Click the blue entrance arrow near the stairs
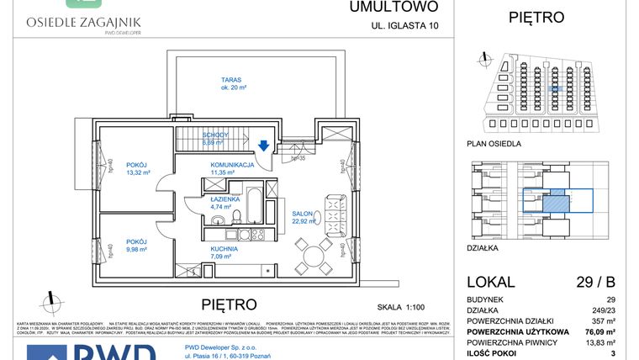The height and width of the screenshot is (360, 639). pyautogui.click(x=263, y=146)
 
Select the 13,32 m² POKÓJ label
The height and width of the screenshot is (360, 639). pyautogui.click(x=136, y=169)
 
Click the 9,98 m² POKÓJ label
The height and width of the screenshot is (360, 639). pyautogui.click(x=136, y=244)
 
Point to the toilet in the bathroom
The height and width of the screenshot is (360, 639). pyautogui.click(x=216, y=221)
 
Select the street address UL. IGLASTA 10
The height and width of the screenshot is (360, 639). pyautogui.click(x=404, y=26)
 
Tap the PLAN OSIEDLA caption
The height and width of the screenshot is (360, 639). pyautogui.click(x=494, y=144)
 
